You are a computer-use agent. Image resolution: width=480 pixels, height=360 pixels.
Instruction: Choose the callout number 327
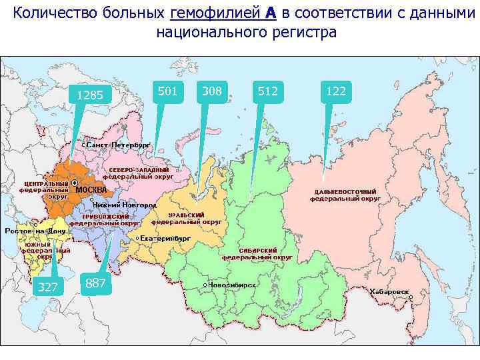(47, 287)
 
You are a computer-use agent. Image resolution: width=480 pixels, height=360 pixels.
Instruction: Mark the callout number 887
(96, 283)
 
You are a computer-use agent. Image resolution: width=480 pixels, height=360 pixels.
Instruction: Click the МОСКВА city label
(91, 189)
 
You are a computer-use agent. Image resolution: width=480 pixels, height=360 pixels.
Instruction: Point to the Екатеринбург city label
(166, 237)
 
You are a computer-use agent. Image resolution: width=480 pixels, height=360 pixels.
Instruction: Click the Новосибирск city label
(231, 284)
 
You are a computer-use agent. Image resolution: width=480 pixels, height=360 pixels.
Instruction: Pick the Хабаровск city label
(389, 291)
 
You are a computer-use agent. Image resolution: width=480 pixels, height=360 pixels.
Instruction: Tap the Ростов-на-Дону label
(35, 231)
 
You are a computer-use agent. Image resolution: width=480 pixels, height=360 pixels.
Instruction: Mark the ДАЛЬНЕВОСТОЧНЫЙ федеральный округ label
(347, 195)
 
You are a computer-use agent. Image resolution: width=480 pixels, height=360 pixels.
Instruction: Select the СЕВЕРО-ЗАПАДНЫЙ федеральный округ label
(138, 173)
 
